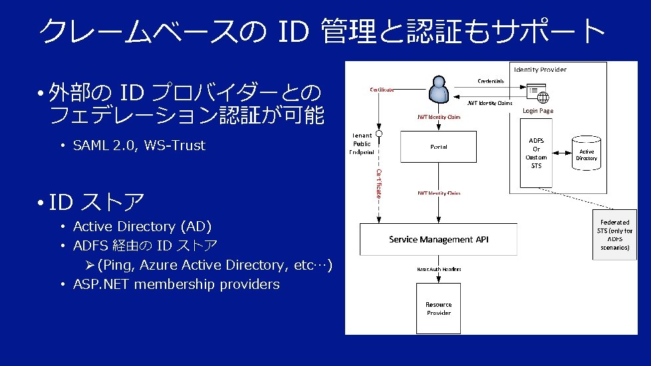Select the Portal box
click(438, 147)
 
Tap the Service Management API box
click(438, 239)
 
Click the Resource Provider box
click(438, 309)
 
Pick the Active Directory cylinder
click(586, 154)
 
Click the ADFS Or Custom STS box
click(536, 153)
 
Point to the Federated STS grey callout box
click(614, 234)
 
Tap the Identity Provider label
click(540, 69)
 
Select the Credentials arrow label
click(491, 81)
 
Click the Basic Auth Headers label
click(439, 269)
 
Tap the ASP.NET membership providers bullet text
click(176, 284)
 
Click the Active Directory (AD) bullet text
click(142, 227)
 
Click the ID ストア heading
click(96, 201)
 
